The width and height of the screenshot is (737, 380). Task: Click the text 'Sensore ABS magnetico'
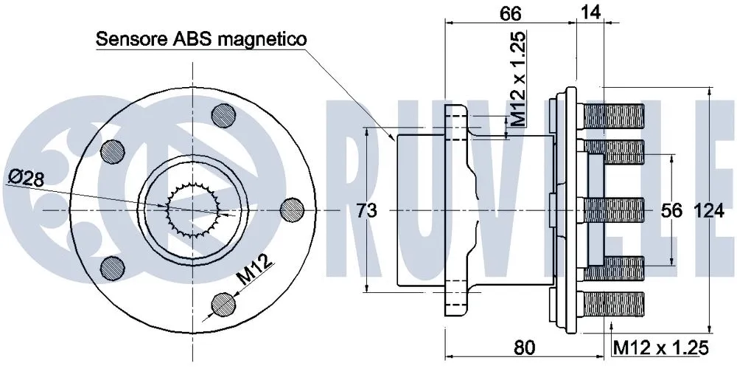pyautogui.click(x=201, y=39)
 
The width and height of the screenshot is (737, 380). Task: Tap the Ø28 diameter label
pyautogui.click(x=27, y=177)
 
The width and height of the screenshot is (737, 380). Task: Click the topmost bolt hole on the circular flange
pyautogui.click(x=224, y=116)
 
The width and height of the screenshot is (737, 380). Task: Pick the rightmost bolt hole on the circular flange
pyautogui.click(x=293, y=209)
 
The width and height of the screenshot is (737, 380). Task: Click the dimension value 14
pyautogui.click(x=590, y=11)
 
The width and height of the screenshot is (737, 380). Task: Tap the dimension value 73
pyautogui.click(x=366, y=211)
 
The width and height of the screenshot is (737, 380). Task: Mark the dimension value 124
pyautogui.click(x=708, y=211)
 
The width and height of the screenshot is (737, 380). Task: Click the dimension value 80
pyautogui.click(x=524, y=346)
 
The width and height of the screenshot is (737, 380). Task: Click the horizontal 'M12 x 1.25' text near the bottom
pyautogui.click(x=660, y=347)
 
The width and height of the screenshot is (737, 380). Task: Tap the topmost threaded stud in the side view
pyautogui.click(x=613, y=116)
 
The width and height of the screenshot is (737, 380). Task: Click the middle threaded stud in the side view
pyautogui.click(x=613, y=210)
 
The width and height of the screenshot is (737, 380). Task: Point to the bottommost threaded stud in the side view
pyautogui.click(x=613, y=303)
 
